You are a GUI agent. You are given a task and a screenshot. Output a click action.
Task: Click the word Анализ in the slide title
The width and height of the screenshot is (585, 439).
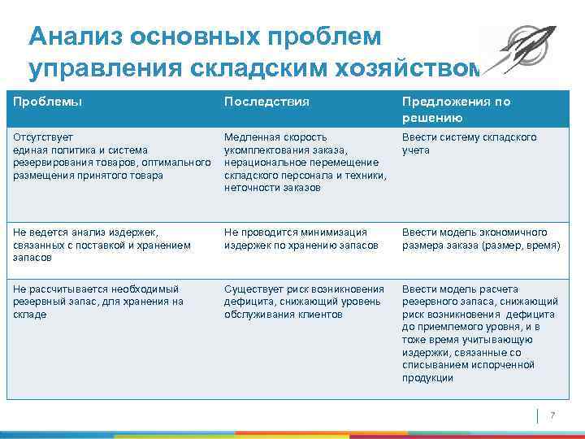pyautogui.click(x=71, y=37)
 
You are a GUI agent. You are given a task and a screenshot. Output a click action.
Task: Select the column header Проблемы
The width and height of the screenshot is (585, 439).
pyautogui.click(x=48, y=102)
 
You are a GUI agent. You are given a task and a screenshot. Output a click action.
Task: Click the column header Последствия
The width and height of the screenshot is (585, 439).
pyautogui.click(x=266, y=102)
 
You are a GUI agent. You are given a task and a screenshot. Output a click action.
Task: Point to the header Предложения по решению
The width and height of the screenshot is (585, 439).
pyautogui.click(x=456, y=110)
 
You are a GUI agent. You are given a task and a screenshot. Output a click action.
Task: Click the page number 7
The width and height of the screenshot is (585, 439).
pyautogui.click(x=552, y=415)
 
